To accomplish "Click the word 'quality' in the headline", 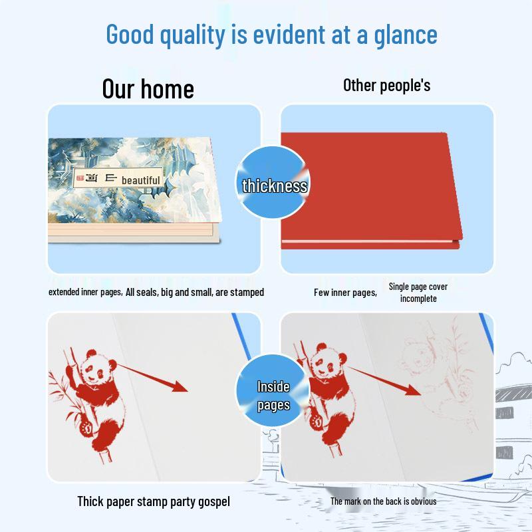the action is point(192,36).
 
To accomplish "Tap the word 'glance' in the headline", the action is point(406,36).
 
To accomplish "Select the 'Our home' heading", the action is point(148,89).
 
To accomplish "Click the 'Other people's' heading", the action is point(387,85).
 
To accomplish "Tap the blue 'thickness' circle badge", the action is point(273,182).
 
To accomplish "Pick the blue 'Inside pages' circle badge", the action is point(273,391).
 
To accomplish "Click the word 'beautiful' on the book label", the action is point(141,180).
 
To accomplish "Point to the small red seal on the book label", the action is point(80,178).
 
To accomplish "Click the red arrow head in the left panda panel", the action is point(180,386).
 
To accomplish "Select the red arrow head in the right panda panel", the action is point(413,390).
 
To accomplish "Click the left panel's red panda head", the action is point(98,368).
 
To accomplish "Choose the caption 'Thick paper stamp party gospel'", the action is point(154,501).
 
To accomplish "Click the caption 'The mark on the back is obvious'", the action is point(384,501).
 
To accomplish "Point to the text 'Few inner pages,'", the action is point(345,293).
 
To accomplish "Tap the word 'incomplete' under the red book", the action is point(418,299).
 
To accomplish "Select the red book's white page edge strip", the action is point(368,241).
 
